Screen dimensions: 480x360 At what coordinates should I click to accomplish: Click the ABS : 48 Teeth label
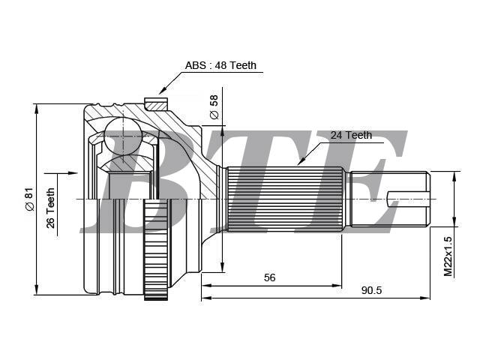(220, 65)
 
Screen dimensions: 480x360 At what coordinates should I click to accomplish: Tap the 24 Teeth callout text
(351, 135)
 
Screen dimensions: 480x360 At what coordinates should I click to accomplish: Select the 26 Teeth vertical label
(50, 208)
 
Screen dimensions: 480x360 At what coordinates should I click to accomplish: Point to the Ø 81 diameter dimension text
(29, 199)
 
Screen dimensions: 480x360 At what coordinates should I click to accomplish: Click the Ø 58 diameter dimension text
(214, 106)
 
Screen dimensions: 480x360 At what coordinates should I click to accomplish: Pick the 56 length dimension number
(270, 277)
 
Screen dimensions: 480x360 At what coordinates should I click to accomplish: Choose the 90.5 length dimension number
(371, 290)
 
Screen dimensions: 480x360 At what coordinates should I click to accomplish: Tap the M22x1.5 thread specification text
(448, 256)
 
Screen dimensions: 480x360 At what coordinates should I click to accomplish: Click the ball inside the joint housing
(123, 136)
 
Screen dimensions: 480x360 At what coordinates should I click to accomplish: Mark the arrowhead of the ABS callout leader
(162, 91)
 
